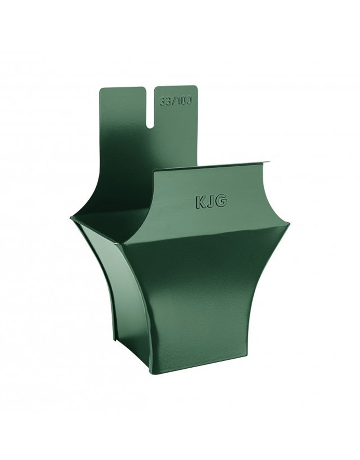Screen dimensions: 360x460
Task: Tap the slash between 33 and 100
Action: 173,102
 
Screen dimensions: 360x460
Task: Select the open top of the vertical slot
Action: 150,87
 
